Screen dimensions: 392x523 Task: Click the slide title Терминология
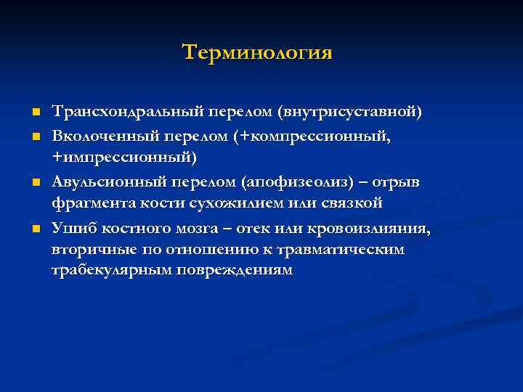257,53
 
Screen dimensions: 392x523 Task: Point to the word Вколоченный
94,136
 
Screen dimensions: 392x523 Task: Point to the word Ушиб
70,229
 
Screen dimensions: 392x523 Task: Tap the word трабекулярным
103,270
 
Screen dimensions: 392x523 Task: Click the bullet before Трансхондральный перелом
35,114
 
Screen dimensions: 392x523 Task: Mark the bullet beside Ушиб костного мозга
35,230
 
